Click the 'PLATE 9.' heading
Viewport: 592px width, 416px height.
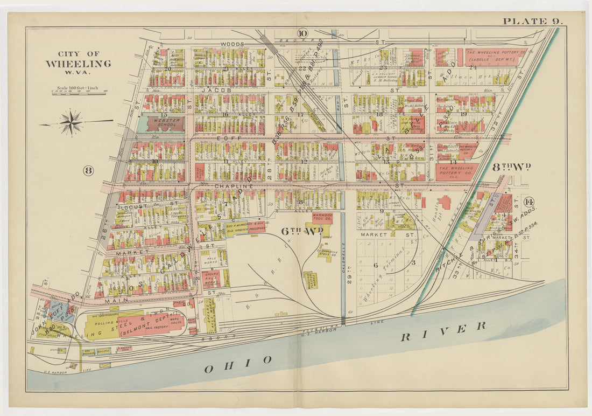tap(533, 21)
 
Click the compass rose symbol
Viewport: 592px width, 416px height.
tap(71, 123)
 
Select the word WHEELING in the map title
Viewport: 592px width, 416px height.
tap(78, 64)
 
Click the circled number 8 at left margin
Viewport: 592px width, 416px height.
tap(88, 171)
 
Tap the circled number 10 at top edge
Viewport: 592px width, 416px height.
tap(302, 34)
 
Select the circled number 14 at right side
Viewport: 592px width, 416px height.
tap(528, 202)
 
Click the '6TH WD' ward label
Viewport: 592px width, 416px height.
tap(302, 231)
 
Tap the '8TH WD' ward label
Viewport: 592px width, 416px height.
tap(511, 167)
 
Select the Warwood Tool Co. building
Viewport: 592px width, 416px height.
tap(322, 218)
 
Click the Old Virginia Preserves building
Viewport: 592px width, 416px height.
tap(245, 227)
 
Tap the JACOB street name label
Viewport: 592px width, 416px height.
tap(215, 91)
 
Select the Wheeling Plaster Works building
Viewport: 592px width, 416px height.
tap(311, 279)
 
